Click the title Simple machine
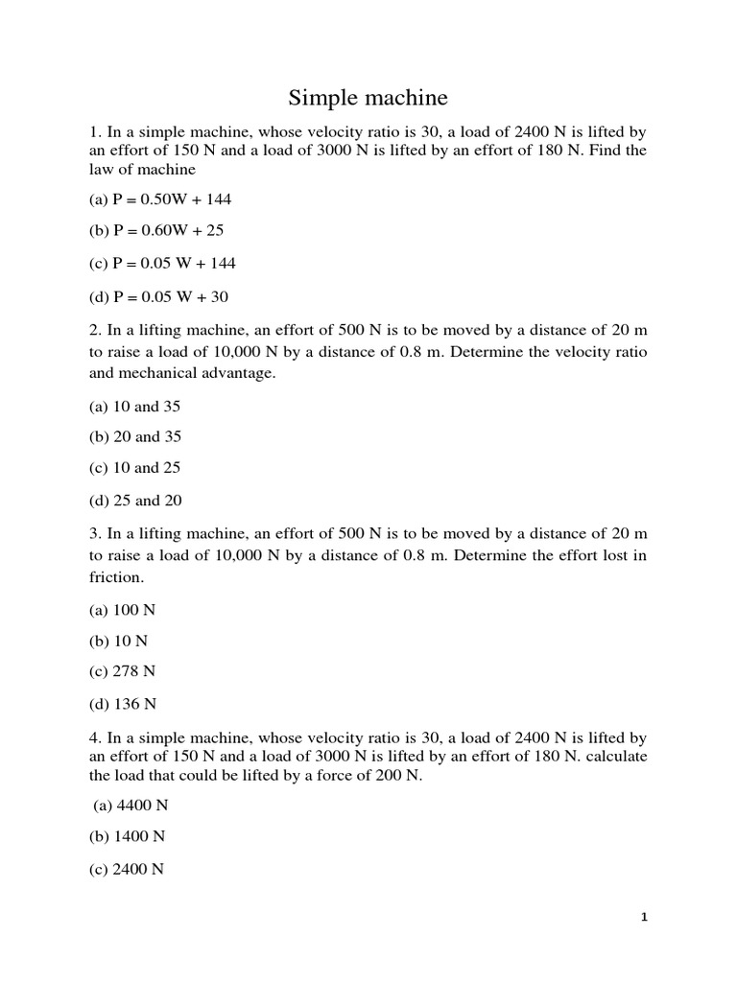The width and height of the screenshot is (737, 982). [368, 98]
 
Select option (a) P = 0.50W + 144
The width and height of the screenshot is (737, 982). [160, 199]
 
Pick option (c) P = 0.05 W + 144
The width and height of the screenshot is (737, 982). [162, 263]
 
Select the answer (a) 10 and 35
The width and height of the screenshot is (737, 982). [134, 406]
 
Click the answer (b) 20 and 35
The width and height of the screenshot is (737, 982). [135, 436]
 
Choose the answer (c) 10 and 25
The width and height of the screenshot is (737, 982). [134, 468]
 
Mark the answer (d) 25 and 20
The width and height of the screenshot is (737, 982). [135, 500]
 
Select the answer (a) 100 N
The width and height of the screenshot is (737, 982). [122, 609]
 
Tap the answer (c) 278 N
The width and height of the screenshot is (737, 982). [122, 671]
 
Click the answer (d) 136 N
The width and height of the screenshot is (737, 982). [123, 703]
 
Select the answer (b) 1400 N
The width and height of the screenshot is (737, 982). [127, 836]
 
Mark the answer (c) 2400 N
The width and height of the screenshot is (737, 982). [127, 868]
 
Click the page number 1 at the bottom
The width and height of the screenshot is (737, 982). [644, 918]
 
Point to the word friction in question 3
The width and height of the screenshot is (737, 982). [115, 577]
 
